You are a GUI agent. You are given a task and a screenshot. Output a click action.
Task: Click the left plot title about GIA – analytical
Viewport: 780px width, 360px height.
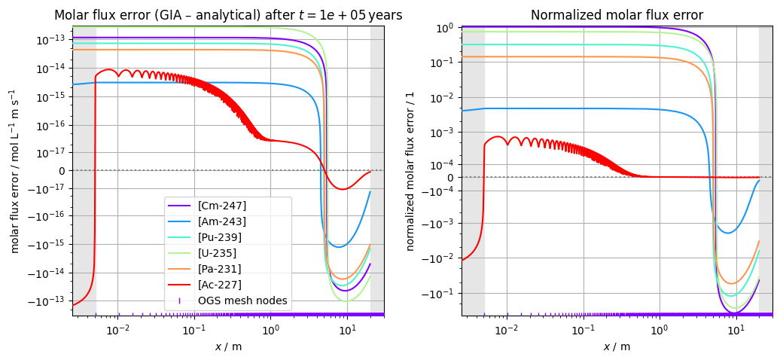(228, 15)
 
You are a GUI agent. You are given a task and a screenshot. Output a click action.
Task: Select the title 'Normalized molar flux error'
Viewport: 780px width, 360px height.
(617, 15)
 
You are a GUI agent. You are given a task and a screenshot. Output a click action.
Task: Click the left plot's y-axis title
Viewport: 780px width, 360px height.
(14, 171)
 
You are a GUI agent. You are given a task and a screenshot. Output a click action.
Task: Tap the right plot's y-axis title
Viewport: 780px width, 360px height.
(410, 171)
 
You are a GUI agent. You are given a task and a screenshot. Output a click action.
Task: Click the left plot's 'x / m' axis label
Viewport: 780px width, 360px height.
(228, 346)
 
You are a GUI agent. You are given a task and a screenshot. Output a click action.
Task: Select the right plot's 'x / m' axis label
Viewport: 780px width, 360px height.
(617, 346)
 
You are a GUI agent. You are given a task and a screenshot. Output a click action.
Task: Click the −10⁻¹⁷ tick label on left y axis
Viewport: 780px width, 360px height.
(50, 188)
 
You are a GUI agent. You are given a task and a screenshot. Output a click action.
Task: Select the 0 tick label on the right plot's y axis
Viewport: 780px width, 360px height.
(449, 177)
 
